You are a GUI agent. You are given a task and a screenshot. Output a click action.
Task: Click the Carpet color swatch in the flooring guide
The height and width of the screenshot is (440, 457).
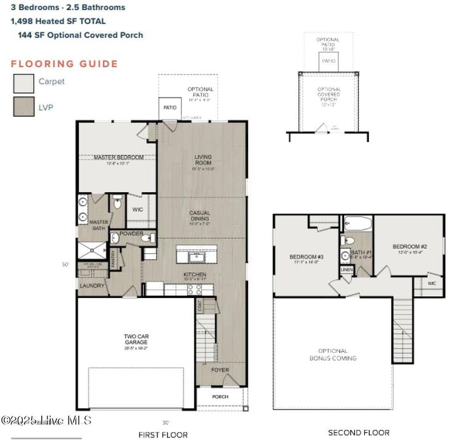pos(23,83)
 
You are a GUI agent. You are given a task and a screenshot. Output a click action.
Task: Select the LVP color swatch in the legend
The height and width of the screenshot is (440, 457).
pos(23,107)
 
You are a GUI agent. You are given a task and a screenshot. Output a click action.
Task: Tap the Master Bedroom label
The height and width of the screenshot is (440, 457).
pos(119,157)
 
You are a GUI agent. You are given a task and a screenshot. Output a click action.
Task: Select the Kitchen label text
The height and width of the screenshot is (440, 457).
pos(195,275)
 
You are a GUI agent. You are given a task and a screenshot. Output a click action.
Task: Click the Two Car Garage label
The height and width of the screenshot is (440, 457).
pos(136,340)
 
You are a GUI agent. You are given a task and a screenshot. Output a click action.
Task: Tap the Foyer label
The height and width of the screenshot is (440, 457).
pos(220,370)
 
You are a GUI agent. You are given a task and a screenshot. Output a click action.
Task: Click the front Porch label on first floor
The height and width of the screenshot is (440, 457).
pos(220,397)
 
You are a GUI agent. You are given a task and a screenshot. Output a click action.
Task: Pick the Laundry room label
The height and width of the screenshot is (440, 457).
pos(92,286)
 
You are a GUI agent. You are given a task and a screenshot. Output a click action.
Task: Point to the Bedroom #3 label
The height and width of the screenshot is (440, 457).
pos(307,257)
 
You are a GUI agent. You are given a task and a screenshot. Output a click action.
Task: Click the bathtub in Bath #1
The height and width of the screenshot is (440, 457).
pos(358,223)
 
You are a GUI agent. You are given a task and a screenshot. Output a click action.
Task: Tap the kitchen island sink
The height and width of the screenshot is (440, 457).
pos(196,256)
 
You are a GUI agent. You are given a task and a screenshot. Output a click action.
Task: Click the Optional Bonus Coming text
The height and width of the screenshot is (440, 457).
pos(333,354)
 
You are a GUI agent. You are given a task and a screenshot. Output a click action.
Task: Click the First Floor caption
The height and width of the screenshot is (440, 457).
pos(163,434)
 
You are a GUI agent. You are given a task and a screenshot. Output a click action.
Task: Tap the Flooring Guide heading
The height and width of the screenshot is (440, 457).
pos(64,63)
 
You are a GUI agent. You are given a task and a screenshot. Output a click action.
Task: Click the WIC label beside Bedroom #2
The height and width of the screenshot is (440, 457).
pos(432,283)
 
